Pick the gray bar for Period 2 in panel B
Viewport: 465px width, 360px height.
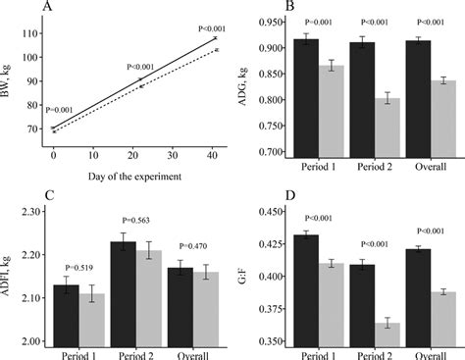tap(390, 127)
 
